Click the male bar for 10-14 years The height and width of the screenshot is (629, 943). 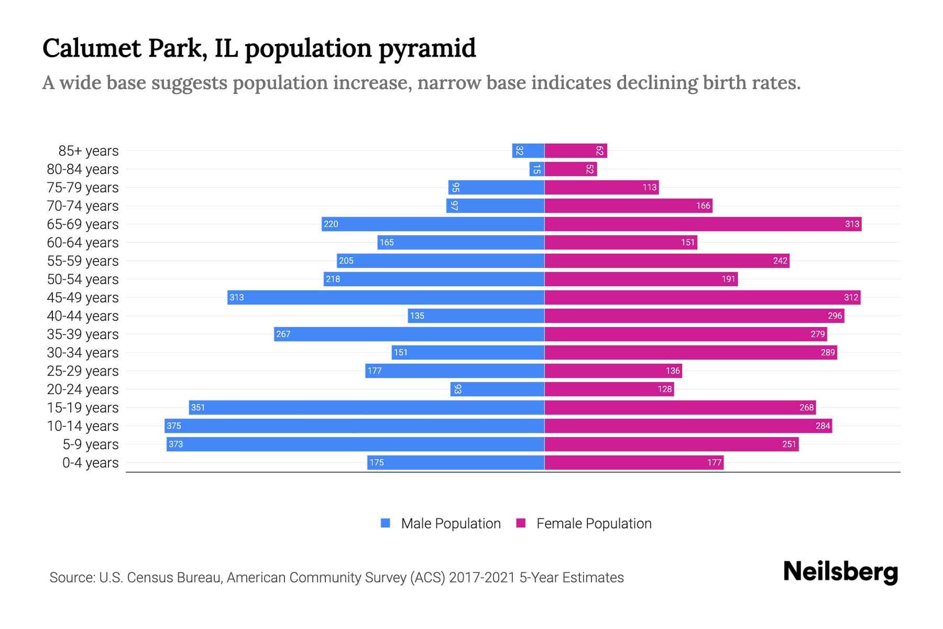pos(354,426)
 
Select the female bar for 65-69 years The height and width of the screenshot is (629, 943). pos(703,224)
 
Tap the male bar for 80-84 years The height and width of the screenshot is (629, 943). pos(536,169)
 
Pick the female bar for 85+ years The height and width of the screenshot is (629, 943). pos(575,150)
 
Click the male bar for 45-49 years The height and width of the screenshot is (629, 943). pos(386,297)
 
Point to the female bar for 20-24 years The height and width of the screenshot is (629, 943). pos(609,389)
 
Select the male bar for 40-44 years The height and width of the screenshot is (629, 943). pos(476,316)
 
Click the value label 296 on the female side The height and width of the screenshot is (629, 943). pos(835,316)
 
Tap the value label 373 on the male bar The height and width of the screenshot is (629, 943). pos(176,444)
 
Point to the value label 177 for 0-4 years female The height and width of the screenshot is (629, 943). pos(714,462)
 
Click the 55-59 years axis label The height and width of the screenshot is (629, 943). pos(83,261)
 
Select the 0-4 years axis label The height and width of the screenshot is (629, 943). pos(90,462)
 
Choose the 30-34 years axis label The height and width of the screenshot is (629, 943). pos(83,352)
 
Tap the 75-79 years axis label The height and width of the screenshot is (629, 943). pos(83,187)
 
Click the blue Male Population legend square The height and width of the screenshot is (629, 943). pos(386,523)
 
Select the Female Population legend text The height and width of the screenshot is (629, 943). pos(594,523)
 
